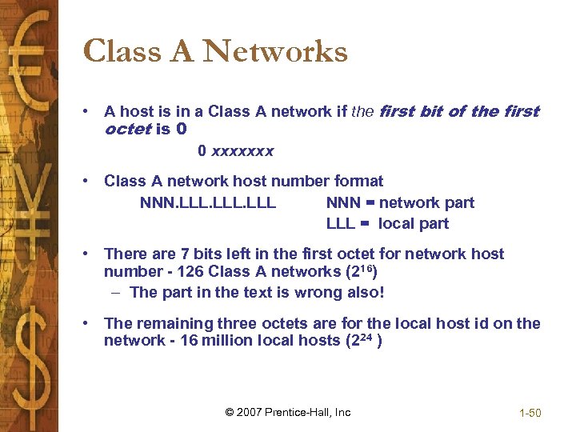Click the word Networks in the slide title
275,52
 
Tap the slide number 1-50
530,413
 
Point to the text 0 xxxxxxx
236,150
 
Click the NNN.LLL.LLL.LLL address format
208,203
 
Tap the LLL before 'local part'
341,224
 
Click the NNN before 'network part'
342,203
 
